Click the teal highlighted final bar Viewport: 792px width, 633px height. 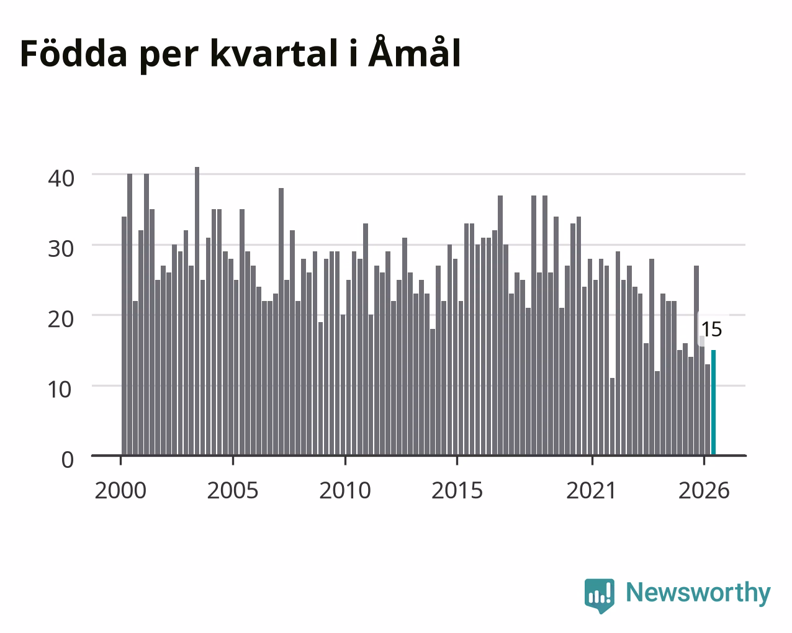pyautogui.click(x=713, y=403)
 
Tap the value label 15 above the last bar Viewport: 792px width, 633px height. pyautogui.click(x=712, y=329)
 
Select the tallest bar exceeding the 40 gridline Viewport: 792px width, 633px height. pyautogui.click(x=197, y=311)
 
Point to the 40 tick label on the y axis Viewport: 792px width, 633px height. pyautogui.click(x=61, y=179)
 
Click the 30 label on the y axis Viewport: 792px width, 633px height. pyautogui.click(x=61, y=249)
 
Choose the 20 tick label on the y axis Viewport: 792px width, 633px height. pyautogui.click(x=61, y=320)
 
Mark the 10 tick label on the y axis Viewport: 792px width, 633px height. pyautogui.click(x=60, y=390)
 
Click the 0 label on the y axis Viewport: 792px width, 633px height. pyautogui.click(x=68, y=460)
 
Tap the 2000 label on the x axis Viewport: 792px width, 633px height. pyautogui.click(x=120, y=490)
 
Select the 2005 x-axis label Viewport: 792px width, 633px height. pyautogui.click(x=233, y=490)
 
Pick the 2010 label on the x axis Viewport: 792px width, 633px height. pyautogui.click(x=345, y=490)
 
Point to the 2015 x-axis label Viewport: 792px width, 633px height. pyautogui.click(x=457, y=490)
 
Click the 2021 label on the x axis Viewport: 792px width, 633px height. pyautogui.click(x=591, y=490)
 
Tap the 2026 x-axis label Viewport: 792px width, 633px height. pyautogui.click(x=704, y=490)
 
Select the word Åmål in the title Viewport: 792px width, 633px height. pyautogui.click(x=415, y=52)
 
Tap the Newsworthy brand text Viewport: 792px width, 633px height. pyautogui.click(x=698, y=593)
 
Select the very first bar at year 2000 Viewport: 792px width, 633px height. pyautogui.click(x=124, y=336)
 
